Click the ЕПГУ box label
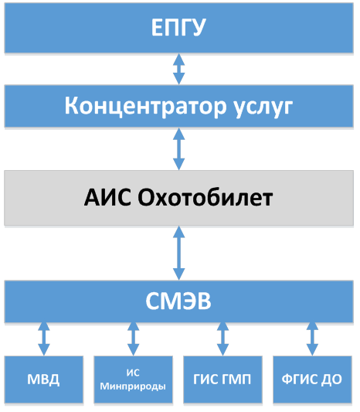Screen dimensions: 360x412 [x=178, y=27]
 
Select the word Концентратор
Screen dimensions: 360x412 [x=145, y=106]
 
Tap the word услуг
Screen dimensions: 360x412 [x=263, y=108]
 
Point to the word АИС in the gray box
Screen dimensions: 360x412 [x=107, y=197]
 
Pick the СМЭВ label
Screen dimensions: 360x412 [x=178, y=301]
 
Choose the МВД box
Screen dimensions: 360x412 [x=44, y=380]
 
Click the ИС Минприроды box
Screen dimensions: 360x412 [x=133, y=380]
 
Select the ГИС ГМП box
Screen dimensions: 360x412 [x=222, y=380]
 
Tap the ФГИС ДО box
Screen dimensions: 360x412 [x=312, y=380]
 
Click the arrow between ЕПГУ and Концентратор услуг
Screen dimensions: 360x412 [x=178, y=69]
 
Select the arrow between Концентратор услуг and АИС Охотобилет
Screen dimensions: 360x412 [x=178, y=149]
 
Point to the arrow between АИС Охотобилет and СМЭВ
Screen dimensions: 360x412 [x=178, y=253]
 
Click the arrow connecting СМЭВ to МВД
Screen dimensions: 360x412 [x=44, y=339]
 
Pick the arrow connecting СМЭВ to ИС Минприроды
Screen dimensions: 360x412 [x=133, y=339]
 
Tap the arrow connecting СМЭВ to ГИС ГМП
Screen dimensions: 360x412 [x=222, y=339]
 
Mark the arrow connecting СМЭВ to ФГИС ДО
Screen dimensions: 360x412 [x=312, y=339]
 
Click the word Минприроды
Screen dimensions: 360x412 [x=133, y=386]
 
